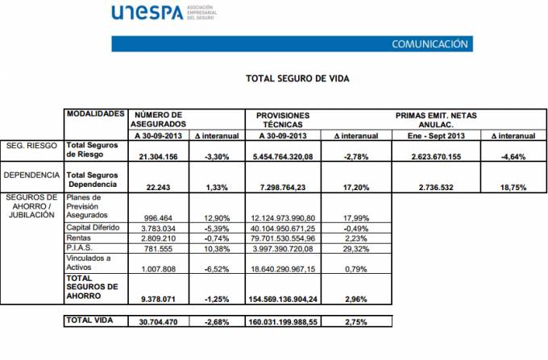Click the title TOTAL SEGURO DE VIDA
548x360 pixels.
click(297, 79)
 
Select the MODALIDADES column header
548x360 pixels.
click(96, 115)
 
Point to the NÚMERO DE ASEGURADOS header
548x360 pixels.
click(158, 120)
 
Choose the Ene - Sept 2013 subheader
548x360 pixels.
click(435, 135)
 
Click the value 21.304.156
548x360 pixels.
click(159, 156)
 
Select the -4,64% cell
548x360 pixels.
click(513, 156)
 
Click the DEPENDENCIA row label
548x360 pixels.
click(31, 174)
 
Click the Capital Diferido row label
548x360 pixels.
click(90, 228)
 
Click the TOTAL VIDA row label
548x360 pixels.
click(89, 321)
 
